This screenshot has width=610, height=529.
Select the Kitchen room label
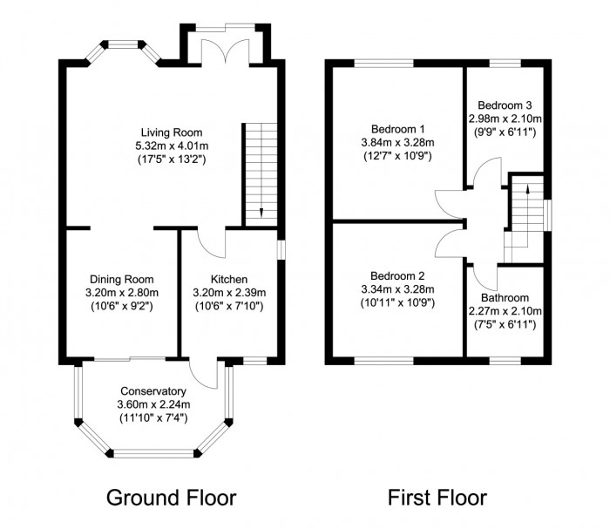[x=228, y=279]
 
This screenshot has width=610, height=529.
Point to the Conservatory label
[x=152, y=390]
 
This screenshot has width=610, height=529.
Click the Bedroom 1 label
[x=396, y=128]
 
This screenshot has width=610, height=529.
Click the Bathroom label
[x=505, y=296]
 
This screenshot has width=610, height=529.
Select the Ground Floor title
[x=171, y=498]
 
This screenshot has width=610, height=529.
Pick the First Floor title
[x=437, y=498]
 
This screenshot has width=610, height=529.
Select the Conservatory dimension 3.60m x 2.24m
[x=152, y=404]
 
